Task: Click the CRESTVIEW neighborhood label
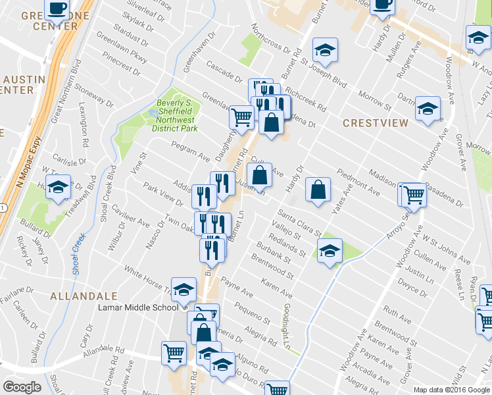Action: click(375, 122)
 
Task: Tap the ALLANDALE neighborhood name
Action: click(84, 296)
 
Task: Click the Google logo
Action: click(22, 387)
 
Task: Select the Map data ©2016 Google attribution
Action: click(451, 390)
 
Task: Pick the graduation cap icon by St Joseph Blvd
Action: click(324, 50)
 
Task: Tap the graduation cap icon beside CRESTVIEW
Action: click(428, 109)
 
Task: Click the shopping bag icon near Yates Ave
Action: click(318, 190)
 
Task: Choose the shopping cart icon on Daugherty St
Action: click(241, 117)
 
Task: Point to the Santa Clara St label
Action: click(299, 223)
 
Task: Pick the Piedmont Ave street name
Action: click(358, 182)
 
